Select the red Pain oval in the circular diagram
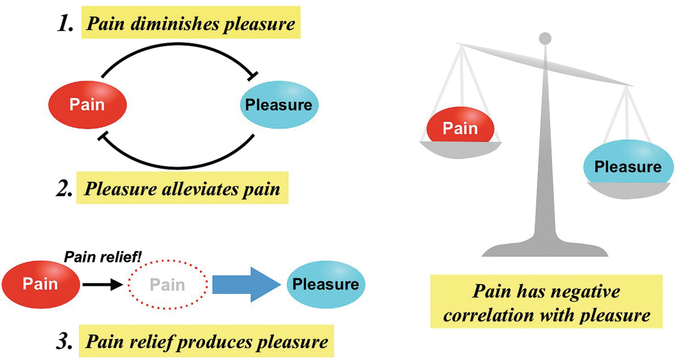tap(87, 105)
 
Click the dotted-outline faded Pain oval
tap(167, 285)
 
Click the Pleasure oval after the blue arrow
tap(326, 284)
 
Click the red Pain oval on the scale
tap(460, 128)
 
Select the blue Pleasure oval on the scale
tap(627, 166)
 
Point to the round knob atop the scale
tap(546, 38)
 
